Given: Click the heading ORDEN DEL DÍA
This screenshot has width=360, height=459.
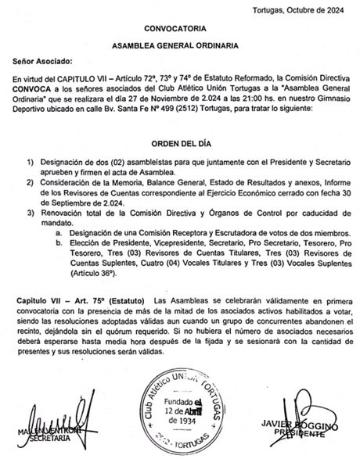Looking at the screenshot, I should pos(180,142).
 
